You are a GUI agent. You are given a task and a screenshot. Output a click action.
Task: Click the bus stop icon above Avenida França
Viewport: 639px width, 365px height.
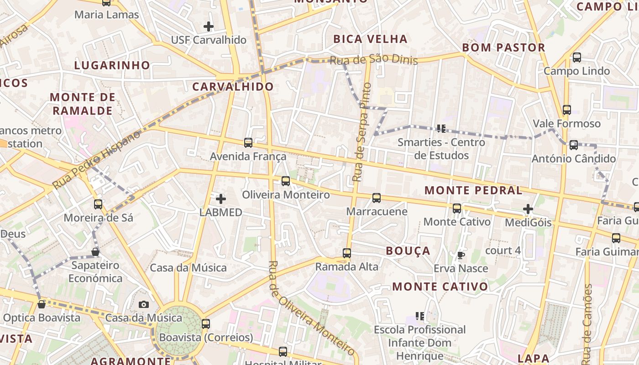pyautogui.click(x=248, y=143)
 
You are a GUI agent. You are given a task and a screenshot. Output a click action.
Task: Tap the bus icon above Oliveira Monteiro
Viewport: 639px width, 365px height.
pyautogui.click(x=286, y=181)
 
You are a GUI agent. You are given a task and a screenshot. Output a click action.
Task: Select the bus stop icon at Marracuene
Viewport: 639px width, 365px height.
pyautogui.click(x=377, y=198)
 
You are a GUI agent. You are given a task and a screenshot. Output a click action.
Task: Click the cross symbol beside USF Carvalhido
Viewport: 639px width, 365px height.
pyautogui.click(x=209, y=26)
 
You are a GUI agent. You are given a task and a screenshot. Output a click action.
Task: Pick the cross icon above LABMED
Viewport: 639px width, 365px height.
pyautogui.click(x=221, y=198)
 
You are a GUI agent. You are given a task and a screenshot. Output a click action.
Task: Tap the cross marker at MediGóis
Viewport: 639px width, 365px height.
pyautogui.click(x=528, y=209)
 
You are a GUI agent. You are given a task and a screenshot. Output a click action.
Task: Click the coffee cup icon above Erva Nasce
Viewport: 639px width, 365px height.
pyautogui.click(x=461, y=255)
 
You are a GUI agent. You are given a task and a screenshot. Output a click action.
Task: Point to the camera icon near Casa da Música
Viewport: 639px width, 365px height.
pyautogui.click(x=144, y=304)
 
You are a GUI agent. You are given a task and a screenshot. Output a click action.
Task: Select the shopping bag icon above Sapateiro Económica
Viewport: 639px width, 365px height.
pyautogui.click(x=95, y=252)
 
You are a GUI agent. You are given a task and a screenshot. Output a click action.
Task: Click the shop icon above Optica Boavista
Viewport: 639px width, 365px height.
pyautogui.click(x=42, y=304)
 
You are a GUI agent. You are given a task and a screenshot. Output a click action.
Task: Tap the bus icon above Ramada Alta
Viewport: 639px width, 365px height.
pyautogui.click(x=347, y=253)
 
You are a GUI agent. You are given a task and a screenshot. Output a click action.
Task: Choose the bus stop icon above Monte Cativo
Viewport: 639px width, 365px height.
pyautogui.click(x=457, y=209)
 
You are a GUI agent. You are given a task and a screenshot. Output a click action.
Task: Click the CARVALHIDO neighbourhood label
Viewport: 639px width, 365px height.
pyautogui.click(x=233, y=86)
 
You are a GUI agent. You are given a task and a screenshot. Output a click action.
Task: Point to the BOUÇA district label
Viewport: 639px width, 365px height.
pyautogui.click(x=408, y=250)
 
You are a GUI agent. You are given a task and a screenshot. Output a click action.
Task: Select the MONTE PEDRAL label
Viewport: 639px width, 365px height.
pyautogui.click(x=473, y=190)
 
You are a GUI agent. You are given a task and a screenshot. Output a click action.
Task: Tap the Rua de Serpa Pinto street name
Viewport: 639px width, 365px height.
pyautogui.click(x=361, y=132)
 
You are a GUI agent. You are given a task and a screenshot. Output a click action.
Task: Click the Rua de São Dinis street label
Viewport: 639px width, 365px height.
pyautogui.click(x=373, y=60)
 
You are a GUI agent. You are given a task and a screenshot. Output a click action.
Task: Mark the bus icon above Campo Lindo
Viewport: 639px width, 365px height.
pyautogui.click(x=577, y=57)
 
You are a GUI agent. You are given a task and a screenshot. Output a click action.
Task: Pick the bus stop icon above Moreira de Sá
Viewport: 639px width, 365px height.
pyautogui.click(x=98, y=204)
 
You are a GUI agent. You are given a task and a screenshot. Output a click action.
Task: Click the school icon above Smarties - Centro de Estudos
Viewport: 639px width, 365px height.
pyautogui.click(x=441, y=129)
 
